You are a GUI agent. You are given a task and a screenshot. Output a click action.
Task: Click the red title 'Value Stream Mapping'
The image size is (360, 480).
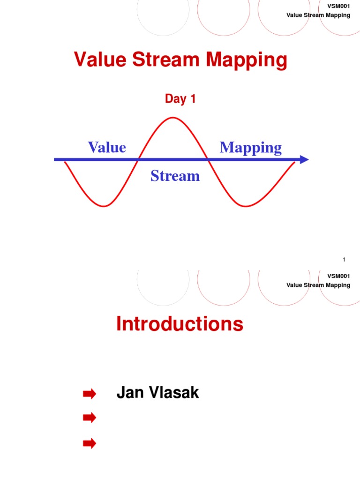180,60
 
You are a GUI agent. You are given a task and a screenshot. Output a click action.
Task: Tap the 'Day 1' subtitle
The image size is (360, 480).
180,99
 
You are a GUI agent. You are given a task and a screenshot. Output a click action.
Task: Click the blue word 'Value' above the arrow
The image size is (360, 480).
107,147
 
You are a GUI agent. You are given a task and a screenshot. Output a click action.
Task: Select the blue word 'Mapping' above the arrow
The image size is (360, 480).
251,148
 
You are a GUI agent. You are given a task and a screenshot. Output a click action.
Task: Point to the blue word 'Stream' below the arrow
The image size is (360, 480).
175,176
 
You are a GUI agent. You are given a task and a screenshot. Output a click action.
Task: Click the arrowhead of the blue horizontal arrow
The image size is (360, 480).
304,159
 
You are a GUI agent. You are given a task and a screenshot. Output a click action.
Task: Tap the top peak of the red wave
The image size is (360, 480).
173,118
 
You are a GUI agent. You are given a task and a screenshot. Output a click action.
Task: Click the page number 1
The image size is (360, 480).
344,260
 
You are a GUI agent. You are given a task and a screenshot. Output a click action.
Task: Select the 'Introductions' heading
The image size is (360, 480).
180,324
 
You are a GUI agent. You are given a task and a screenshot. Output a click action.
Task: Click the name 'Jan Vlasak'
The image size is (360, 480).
157,393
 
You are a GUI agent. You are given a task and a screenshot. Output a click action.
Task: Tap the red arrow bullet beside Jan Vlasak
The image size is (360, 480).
89,394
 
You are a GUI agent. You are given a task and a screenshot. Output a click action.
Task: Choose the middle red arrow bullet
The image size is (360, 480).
89,417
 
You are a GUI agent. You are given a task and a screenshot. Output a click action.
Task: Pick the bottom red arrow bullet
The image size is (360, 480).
89,443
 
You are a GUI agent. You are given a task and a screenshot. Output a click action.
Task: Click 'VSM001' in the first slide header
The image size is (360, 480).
341,6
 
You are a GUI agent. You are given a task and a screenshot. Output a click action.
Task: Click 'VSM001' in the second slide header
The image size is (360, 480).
341,276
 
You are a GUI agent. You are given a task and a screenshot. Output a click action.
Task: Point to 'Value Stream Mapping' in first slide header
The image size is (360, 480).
318,15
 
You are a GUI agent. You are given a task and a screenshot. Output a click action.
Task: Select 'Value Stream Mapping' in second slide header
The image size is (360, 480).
318,285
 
